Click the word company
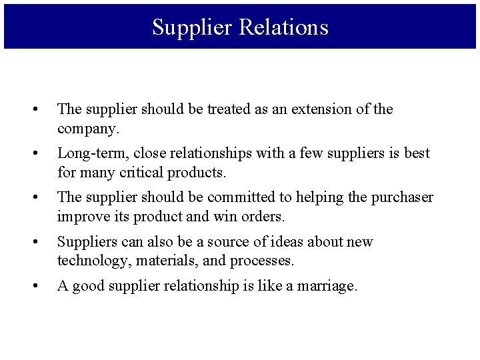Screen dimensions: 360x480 (x=86, y=127)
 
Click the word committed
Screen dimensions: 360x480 (x=242, y=197)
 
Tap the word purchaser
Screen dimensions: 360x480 (x=400, y=197)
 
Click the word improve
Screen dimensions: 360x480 (x=81, y=217)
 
